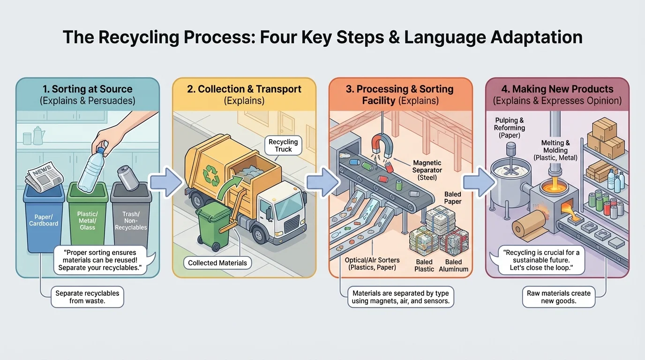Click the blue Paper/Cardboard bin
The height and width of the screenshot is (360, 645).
point(44,220)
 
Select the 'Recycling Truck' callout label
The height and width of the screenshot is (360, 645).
point(283,145)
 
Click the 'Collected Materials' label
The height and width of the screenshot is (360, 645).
point(217,263)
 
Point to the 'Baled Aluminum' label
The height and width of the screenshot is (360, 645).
point(453,265)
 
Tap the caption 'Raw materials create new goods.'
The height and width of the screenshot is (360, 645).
point(558,297)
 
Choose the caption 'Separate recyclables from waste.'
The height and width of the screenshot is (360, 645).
point(87,297)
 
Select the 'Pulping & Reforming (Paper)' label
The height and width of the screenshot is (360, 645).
point(510,127)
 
